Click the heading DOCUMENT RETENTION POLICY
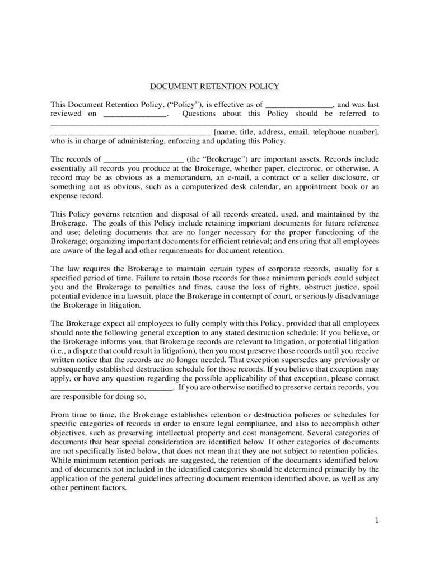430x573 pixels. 214,86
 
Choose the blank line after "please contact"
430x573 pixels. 111,387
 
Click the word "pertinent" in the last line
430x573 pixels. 87,487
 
